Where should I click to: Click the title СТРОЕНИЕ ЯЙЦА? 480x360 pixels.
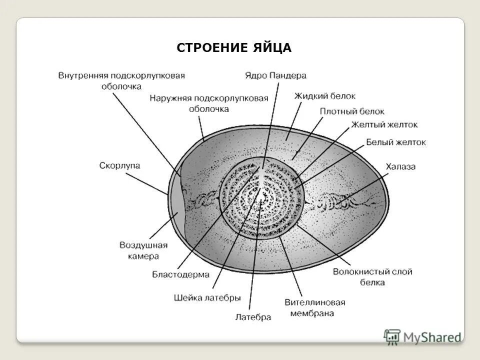point(234,48)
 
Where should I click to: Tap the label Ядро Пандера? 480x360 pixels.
point(275,75)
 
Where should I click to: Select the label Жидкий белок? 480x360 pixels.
point(325,96)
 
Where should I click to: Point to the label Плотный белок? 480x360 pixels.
point(352,111)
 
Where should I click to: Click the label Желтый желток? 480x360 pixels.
point(384,124)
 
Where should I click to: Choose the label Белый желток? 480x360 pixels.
point(396,142)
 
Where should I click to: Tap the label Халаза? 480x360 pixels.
point(400,166)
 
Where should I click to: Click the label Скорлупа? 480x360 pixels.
point(119,165)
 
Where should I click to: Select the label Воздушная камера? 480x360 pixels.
point(143,250)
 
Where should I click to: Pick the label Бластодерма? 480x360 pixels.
point(180,274)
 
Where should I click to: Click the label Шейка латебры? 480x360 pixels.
point(207,297)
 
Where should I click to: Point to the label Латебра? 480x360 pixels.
point(252,317)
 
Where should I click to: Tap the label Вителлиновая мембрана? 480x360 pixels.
point(314,307)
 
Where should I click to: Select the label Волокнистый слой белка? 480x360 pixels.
point(372,277)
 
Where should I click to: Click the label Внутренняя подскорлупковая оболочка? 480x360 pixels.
point(121,80)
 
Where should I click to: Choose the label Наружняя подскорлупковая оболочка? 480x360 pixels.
point(209,103)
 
